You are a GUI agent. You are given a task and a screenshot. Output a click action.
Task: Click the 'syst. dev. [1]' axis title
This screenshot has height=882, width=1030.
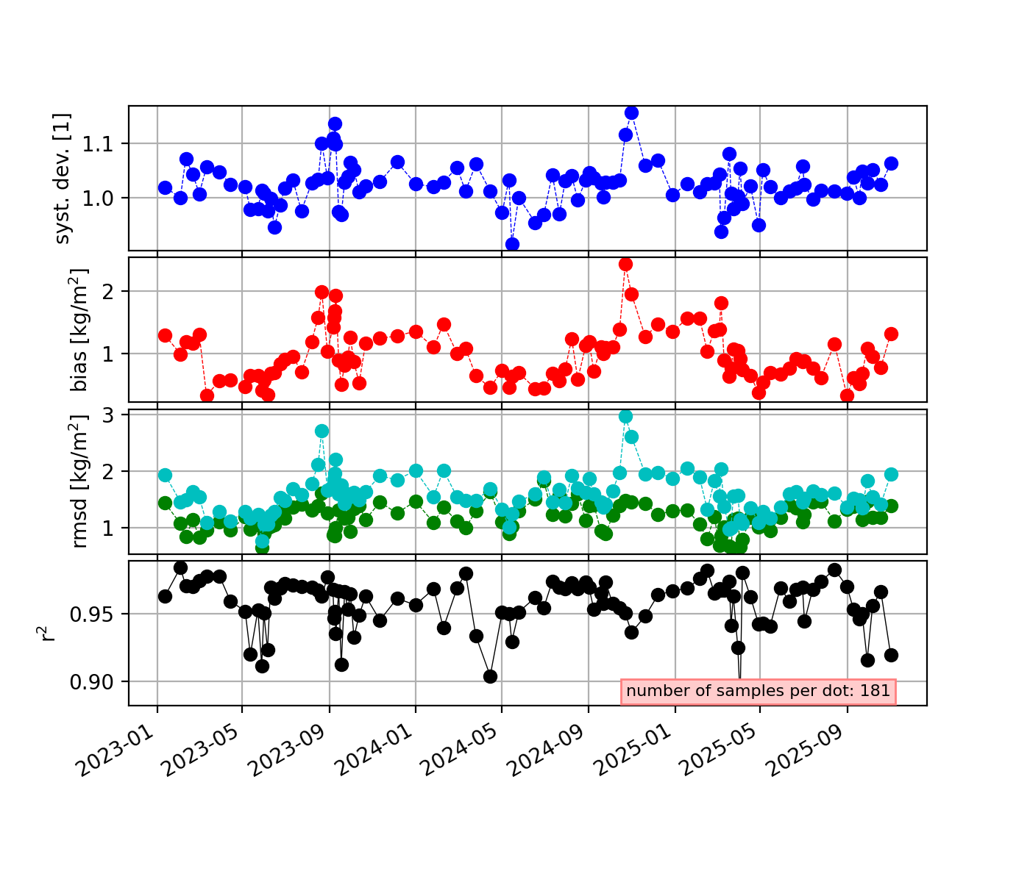pyautogui.click(x=64, y=178)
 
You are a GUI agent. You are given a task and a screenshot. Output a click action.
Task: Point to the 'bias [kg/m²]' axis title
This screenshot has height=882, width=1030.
pyautogui.click(x=79, y=329)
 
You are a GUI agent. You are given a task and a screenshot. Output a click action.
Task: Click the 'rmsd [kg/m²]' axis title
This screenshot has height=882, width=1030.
pyautogui.click(x=79, y=481)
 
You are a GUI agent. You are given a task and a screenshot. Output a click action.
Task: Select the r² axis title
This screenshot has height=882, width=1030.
pyautogui.click(x=49, y=633)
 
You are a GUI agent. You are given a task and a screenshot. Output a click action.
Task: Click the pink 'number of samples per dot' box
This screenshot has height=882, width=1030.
pyautogui.click(x=759, y=691)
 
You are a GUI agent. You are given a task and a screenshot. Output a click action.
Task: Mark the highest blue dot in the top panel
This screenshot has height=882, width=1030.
pyautogui.click(x=631, y=112)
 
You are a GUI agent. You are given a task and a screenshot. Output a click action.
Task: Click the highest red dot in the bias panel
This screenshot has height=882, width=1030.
pyautogui.click(x=625, y=264)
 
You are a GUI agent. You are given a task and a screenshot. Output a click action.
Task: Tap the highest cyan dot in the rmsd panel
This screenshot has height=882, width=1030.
pyautogui.click(x=625, y=417)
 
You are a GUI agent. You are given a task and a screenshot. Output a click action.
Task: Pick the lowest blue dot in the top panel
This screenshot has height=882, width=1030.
pyautogui.click(x=512, y=244)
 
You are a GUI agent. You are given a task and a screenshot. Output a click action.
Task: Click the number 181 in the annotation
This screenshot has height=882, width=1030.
pyautogui.click(x=877, y=691)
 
